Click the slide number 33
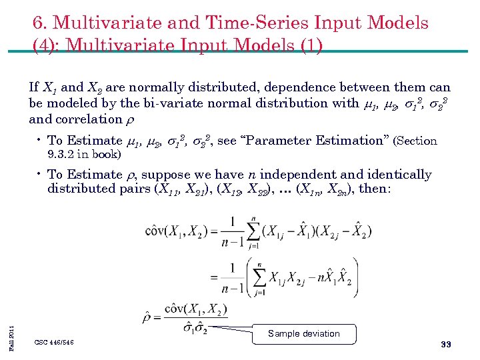pyautogui.click(x=446, y=344)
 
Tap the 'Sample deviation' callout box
pyautogui.click(x=304, y=334)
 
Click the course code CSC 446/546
pyautogui.click(x=55, y=342)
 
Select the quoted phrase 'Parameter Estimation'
pyautogui.click(x=317, y=141)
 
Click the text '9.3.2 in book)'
pyautogui.click(x=84, y=155)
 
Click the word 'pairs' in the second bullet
pyautogui.click(x=135, y=189)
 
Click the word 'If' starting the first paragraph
pyautogui.click(x=34, y=87)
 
